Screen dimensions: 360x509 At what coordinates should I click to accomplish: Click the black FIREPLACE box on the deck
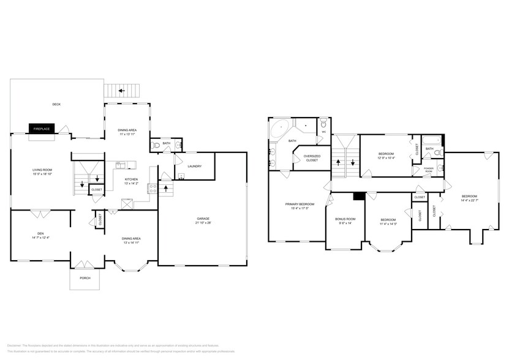[x=42, y=129]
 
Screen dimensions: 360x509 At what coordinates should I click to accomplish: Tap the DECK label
[x=56, y=104]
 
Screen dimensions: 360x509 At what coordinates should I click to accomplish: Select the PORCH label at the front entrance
[x=85, y=278]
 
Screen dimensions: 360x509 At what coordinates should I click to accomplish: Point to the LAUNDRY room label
[x=195, y=166]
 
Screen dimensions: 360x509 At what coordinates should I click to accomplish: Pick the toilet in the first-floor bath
[x=157, y=145]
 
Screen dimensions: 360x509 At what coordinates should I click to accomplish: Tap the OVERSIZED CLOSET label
[x=312, y=158]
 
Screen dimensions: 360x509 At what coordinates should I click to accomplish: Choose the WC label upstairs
[x=323, y=132]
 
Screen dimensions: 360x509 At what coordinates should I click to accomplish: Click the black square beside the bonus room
[x=359, y=197]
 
